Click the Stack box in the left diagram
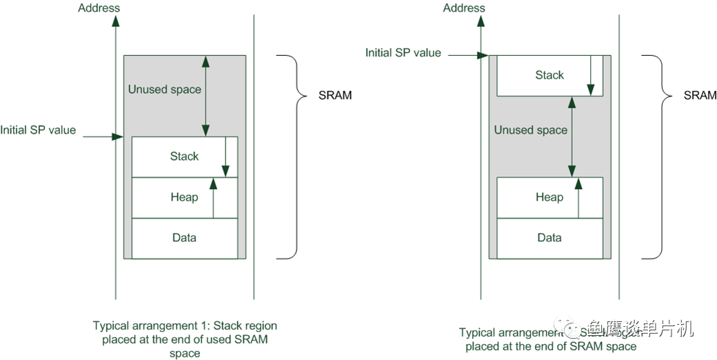[x=184, y=157]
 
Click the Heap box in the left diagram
[x=184, y=197]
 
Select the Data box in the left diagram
[x=184, y=238]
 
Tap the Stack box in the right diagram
[x=549, y=75]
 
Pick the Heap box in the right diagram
[x=549, y=197]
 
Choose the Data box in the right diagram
[x=549, y=238]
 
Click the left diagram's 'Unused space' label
[x=165, y=90]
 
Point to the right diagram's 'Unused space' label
[x=531, y=130]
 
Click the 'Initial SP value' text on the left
[x=39, y=130]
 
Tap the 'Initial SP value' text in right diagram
[x=403, y=52]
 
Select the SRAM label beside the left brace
[x=335, y=95]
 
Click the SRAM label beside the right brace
[x=700, y=95]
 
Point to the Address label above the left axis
[x=99, y=8]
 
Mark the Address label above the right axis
[x=464, y=8]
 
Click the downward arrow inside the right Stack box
[x=591, y=76]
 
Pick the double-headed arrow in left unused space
[x=205, y=96]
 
